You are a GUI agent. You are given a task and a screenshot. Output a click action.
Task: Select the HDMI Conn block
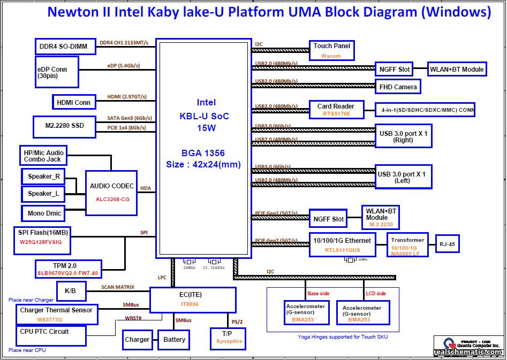coord(74,102)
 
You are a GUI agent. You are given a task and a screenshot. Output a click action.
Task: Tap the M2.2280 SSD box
coord(65,126)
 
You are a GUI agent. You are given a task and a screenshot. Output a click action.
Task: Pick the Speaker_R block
coord(44,177)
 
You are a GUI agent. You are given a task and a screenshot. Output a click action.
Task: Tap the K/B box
coord(70,291)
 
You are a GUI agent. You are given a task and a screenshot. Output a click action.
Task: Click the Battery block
coord(174,340)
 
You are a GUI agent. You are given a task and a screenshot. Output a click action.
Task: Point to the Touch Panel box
coord(331,50)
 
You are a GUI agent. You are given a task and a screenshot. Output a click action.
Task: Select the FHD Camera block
coord(398,87)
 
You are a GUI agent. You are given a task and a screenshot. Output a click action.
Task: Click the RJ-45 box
coord(447,244)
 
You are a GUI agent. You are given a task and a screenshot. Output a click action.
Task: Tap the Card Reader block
coord(336,110)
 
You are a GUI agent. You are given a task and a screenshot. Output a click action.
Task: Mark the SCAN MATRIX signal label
coord(118,287)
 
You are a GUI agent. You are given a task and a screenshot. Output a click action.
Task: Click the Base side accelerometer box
coord(307,313)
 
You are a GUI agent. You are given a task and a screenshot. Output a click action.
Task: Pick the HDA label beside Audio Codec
coord(146,188)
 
